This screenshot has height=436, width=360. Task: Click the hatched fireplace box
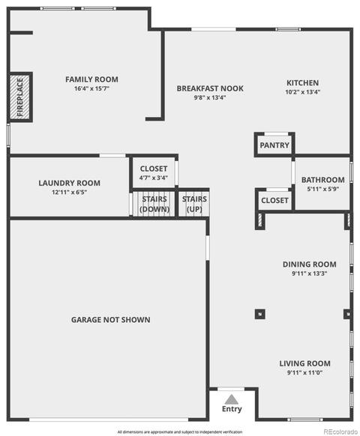[20, 97]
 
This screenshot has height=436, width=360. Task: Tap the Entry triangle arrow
[232, 399]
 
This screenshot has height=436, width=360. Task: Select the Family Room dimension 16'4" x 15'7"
[91, 88]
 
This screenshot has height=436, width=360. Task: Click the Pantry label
[274, 145]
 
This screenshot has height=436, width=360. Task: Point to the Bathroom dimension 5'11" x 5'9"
[323, 189]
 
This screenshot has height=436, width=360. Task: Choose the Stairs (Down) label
[154, 204]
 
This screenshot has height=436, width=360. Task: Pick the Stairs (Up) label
[194, 204]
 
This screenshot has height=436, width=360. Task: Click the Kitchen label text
[303, 83]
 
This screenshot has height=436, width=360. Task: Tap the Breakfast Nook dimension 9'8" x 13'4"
[210, 97]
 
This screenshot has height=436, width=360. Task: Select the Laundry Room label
[69, 183]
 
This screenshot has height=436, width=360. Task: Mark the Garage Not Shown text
[110, 320]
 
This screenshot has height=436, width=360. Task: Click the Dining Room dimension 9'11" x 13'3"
[309, 273]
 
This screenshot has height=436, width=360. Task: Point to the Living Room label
[304, 363]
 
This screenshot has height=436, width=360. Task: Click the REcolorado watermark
[340, 432]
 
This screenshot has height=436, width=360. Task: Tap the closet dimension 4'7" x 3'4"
[154, 178]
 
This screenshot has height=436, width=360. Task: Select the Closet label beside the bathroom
[274, 201]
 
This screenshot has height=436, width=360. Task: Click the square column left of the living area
[260, 314]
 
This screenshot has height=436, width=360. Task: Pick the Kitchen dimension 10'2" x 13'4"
[303, 92]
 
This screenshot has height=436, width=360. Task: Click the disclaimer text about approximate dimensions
[180, 432]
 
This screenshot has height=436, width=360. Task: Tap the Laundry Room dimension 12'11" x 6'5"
[69, 192]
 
